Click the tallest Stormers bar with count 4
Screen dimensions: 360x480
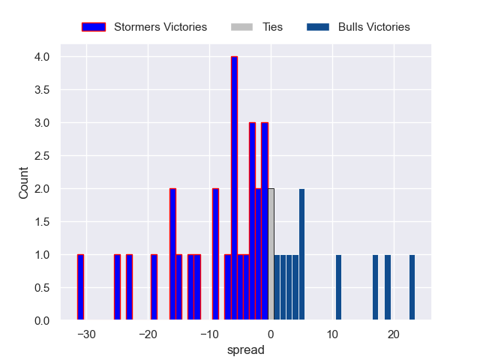[234, 188]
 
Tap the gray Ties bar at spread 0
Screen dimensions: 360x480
[271, 254]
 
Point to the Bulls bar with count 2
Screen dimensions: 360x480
[301, 254]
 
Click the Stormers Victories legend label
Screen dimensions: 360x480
[160, 27]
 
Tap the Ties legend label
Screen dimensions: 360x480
[272, 27]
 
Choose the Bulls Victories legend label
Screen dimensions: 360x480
[373, 27]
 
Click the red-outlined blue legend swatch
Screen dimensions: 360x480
[93, 27]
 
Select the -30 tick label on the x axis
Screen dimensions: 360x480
[86, 334]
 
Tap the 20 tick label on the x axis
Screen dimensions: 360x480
[393, 334]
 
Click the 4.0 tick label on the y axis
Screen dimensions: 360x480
[41, 57]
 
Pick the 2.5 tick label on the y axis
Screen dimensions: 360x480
[41, 156]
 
